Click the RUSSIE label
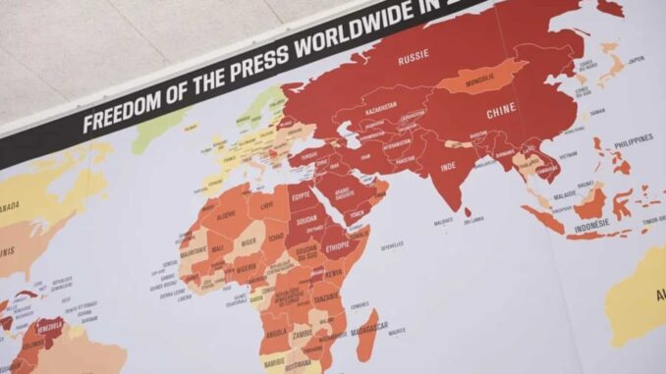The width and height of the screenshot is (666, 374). point(414,60)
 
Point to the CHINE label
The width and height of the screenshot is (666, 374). point(501,109)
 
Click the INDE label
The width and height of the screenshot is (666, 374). point(447,167)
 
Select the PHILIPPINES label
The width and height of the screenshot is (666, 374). point(633,139)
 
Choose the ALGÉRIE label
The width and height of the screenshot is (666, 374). point(226,213)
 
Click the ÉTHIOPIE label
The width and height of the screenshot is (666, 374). point(338,248)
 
